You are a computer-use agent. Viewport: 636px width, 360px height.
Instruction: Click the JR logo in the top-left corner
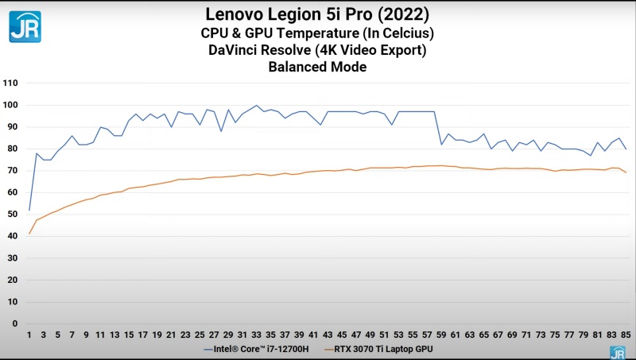pos(25,26)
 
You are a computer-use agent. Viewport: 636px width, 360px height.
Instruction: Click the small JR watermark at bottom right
pos(616,352)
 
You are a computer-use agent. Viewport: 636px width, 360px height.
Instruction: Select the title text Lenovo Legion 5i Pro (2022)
pos(317,14)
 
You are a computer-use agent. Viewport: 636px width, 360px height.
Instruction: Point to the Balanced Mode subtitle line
pos(317,68)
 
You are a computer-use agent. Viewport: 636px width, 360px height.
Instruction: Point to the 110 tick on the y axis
pos(10,83)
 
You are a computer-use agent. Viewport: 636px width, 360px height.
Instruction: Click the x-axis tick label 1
pos(29,335)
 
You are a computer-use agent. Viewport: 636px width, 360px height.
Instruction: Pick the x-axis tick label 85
pos(626,335)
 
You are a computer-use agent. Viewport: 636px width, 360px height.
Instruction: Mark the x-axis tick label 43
pos(328,335)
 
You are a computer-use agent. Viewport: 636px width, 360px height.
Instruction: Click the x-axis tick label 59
pos(441,335)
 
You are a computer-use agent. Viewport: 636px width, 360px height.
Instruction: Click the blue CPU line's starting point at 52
pos(29,210)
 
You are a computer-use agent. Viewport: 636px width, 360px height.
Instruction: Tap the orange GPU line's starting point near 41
pos(29,234)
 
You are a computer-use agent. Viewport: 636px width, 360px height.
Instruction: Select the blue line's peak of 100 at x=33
pos(257,105)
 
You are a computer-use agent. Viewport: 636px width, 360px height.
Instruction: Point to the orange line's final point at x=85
pos(626,172)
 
